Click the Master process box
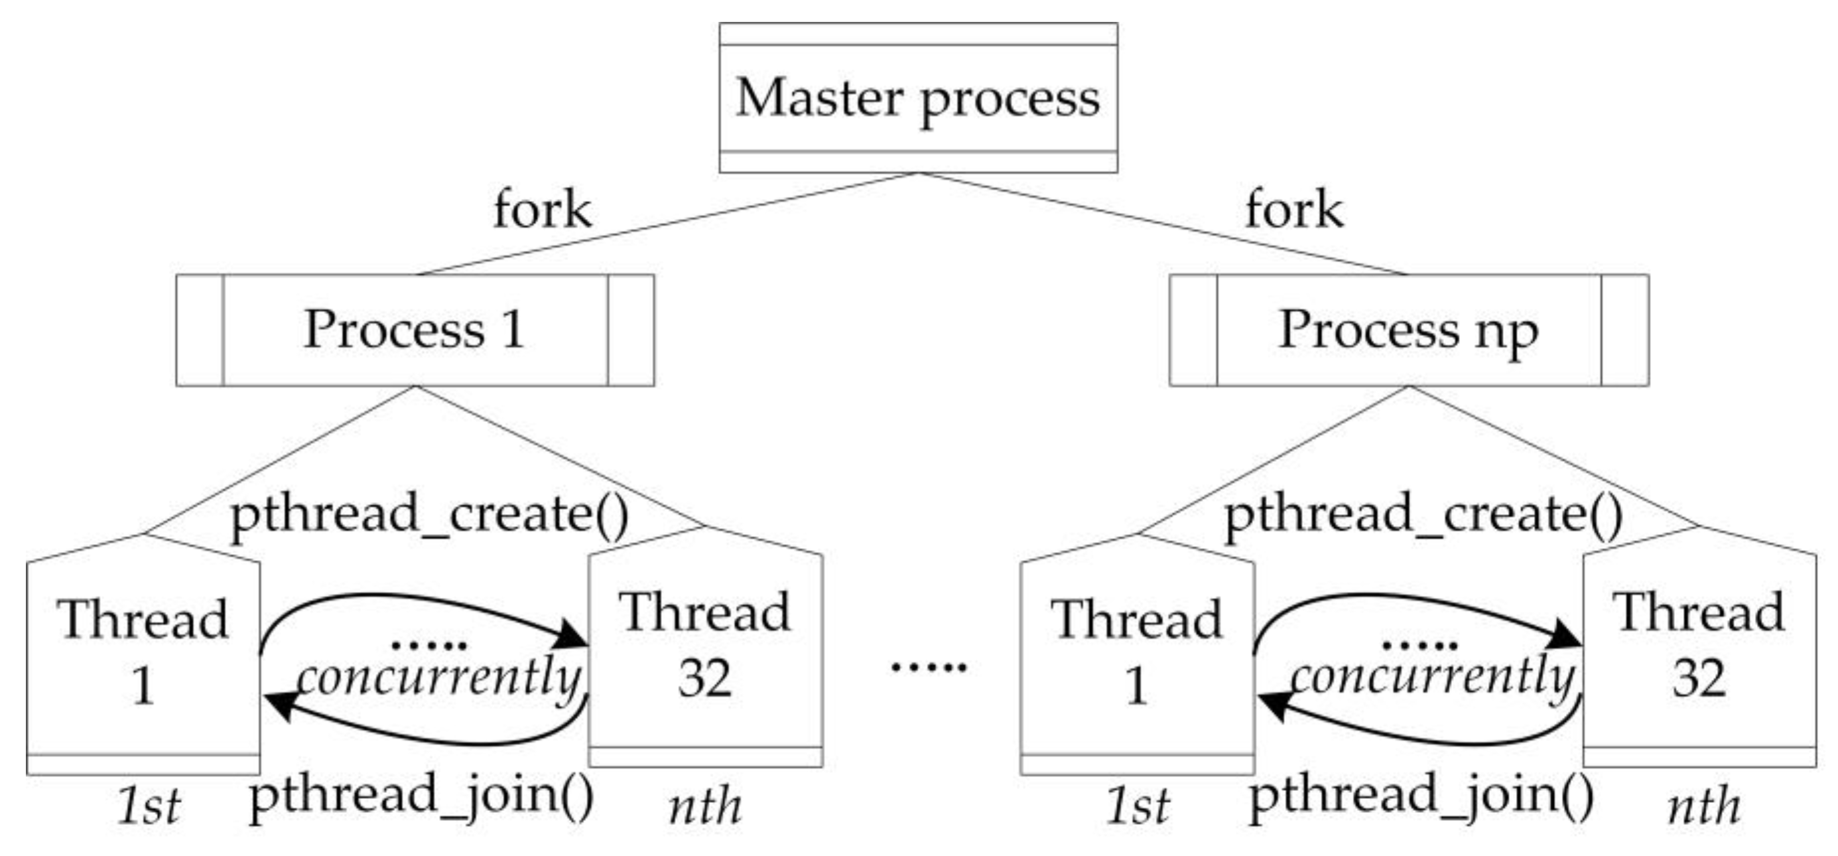[x=917, y=98]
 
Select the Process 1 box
[x=415, y=330]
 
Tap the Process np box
[x=1408, y=330]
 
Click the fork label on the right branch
[x=1293, y=210]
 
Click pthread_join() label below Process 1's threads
[x=421, y=796]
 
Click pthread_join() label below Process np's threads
[x=1421, y=796]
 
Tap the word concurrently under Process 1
[x=438, y=678]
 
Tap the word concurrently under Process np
[x=1432, y=678]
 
